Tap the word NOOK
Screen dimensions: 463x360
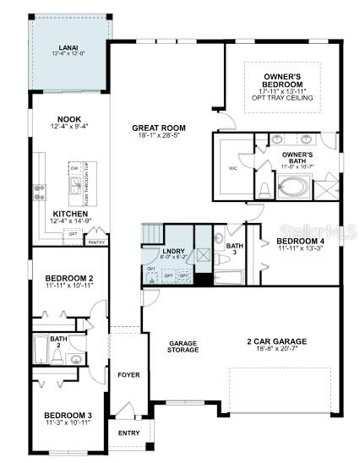pyautogui.click(x=69, y=120)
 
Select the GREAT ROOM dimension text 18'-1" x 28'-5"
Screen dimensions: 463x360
pyautogui.click(x=159, y=137)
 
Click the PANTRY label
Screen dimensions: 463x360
pyautogui.click(x=95, y=242)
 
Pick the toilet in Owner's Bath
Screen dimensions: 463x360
pyautogui.click(x=263, y=188)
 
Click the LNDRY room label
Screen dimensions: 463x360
pyautogui.click(x=175, y=251)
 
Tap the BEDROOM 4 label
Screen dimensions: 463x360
pyautogui.click(x=300, y=241)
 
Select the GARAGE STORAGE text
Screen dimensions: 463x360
pyautogui.click(x=183, y=346)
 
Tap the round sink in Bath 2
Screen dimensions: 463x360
pyautogui.click(x=75, y=358)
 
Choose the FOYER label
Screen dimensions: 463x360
pyautogui.click(x=128, y=375)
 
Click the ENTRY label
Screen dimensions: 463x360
pyautogui.click(x=129, y=433)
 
